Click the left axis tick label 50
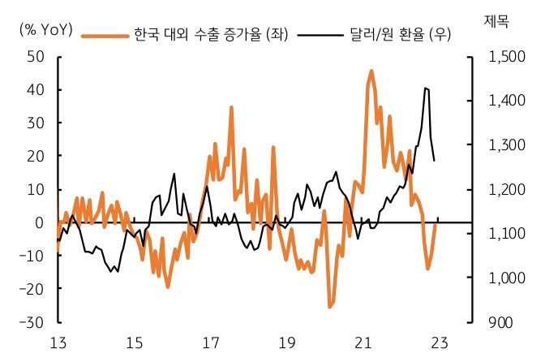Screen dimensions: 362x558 [34, 57]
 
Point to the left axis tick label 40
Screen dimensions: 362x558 [34, 90]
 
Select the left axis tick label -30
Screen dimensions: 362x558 [32, 322]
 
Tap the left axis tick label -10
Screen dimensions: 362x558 [32, 256]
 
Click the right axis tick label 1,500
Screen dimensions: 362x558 [507, 57]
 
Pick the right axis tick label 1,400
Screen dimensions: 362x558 [507, 101]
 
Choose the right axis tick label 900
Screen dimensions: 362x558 [500, 322]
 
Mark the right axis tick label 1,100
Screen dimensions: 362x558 [507, 234]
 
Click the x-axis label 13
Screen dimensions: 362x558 [58, 343]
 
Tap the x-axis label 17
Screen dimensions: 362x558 [210, 343]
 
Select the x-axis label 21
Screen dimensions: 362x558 [363, 343]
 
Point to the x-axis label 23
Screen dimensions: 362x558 [439, 343]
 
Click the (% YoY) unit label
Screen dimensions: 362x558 [45, 31]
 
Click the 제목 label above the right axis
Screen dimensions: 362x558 [496, 20]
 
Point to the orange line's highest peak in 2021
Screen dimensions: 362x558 [371, 71]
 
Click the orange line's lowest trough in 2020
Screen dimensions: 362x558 [330, 307]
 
